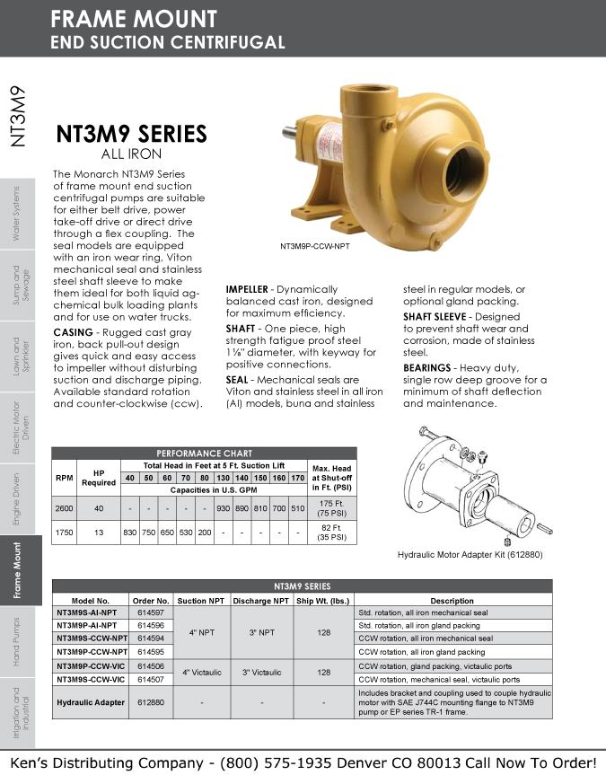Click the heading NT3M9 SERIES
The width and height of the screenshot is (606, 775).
coord(131,135)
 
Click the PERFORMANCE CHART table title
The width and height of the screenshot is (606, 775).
coord(204,454)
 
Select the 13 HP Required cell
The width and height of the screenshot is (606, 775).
coord(99,533)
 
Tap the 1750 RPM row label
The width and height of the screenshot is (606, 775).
coord(64,533)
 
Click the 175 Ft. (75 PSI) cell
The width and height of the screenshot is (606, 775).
coord(332,508)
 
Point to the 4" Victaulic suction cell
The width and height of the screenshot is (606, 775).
coord(203,672)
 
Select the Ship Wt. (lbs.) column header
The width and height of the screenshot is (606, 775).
coord(323,601)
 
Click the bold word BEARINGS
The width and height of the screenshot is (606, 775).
coord(426,368)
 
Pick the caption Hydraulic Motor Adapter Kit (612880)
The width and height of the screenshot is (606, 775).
coord(470,555)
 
